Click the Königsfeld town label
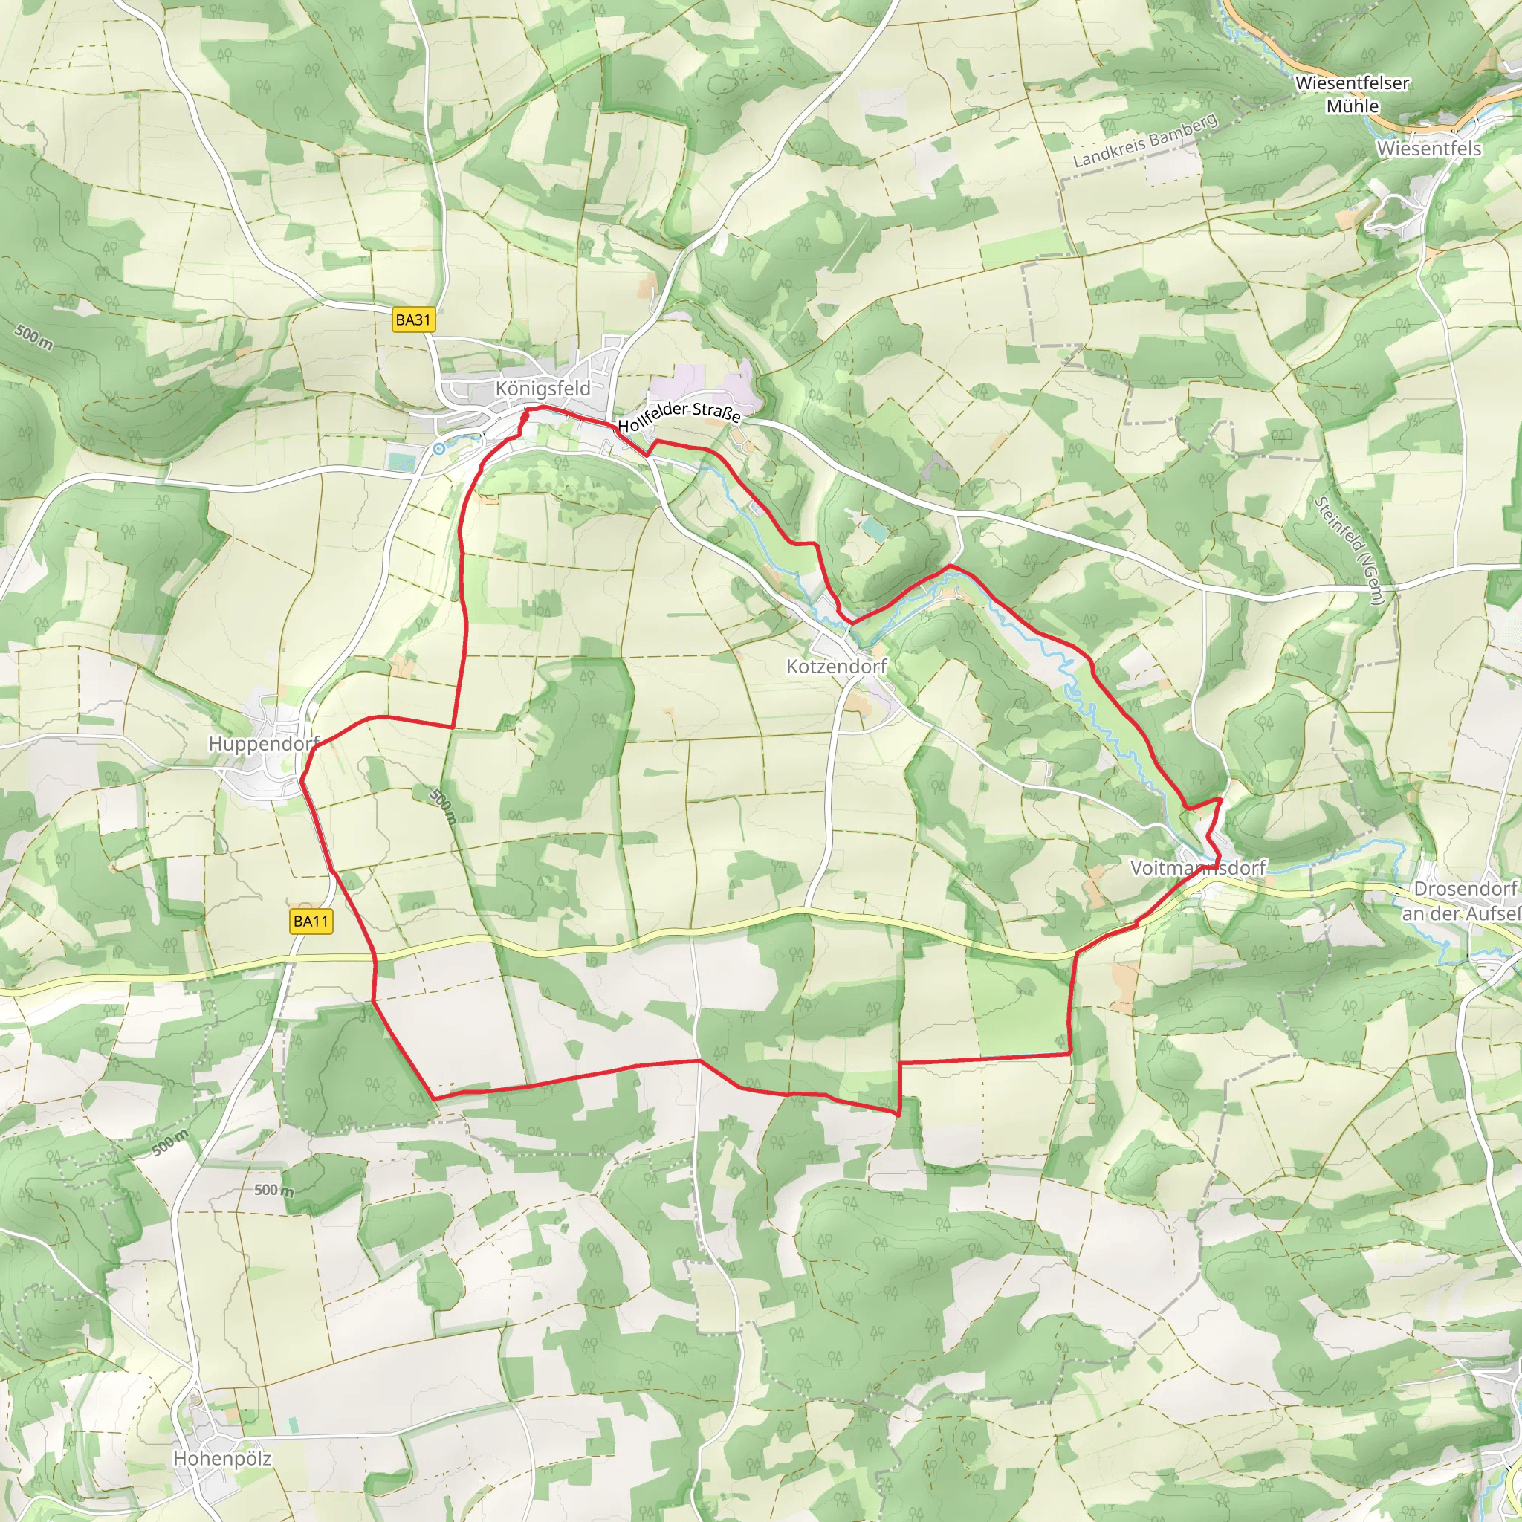(543, 389)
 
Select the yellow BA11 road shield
(311, 921)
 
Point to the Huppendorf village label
(263, 744)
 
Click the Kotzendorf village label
(837, 667)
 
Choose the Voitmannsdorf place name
(1197, 868)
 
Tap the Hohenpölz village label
(222, 1458)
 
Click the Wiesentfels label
(1429, 149)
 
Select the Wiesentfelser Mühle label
(1352, 94)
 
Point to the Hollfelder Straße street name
(679, 417)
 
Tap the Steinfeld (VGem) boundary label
(1349, 551)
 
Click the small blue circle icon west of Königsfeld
(438, 448)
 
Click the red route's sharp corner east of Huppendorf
(453, 726)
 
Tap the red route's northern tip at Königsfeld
(543, 407)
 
